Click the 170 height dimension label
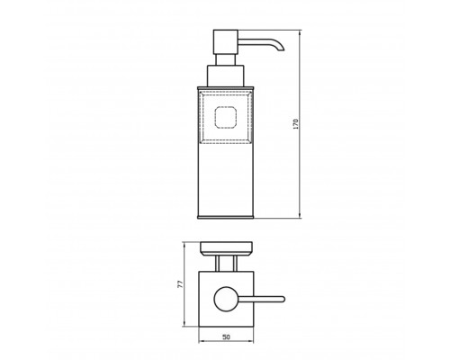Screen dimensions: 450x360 [296, 124]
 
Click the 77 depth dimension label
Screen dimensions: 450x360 [180, 284]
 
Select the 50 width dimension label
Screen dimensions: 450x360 [226, 337]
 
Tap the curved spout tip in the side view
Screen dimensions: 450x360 [282, 49]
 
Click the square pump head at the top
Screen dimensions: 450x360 [226, 41]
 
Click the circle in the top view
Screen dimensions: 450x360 [226, 299]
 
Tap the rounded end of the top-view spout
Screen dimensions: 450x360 [283, 299]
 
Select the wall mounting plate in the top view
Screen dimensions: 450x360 [226, 249]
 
